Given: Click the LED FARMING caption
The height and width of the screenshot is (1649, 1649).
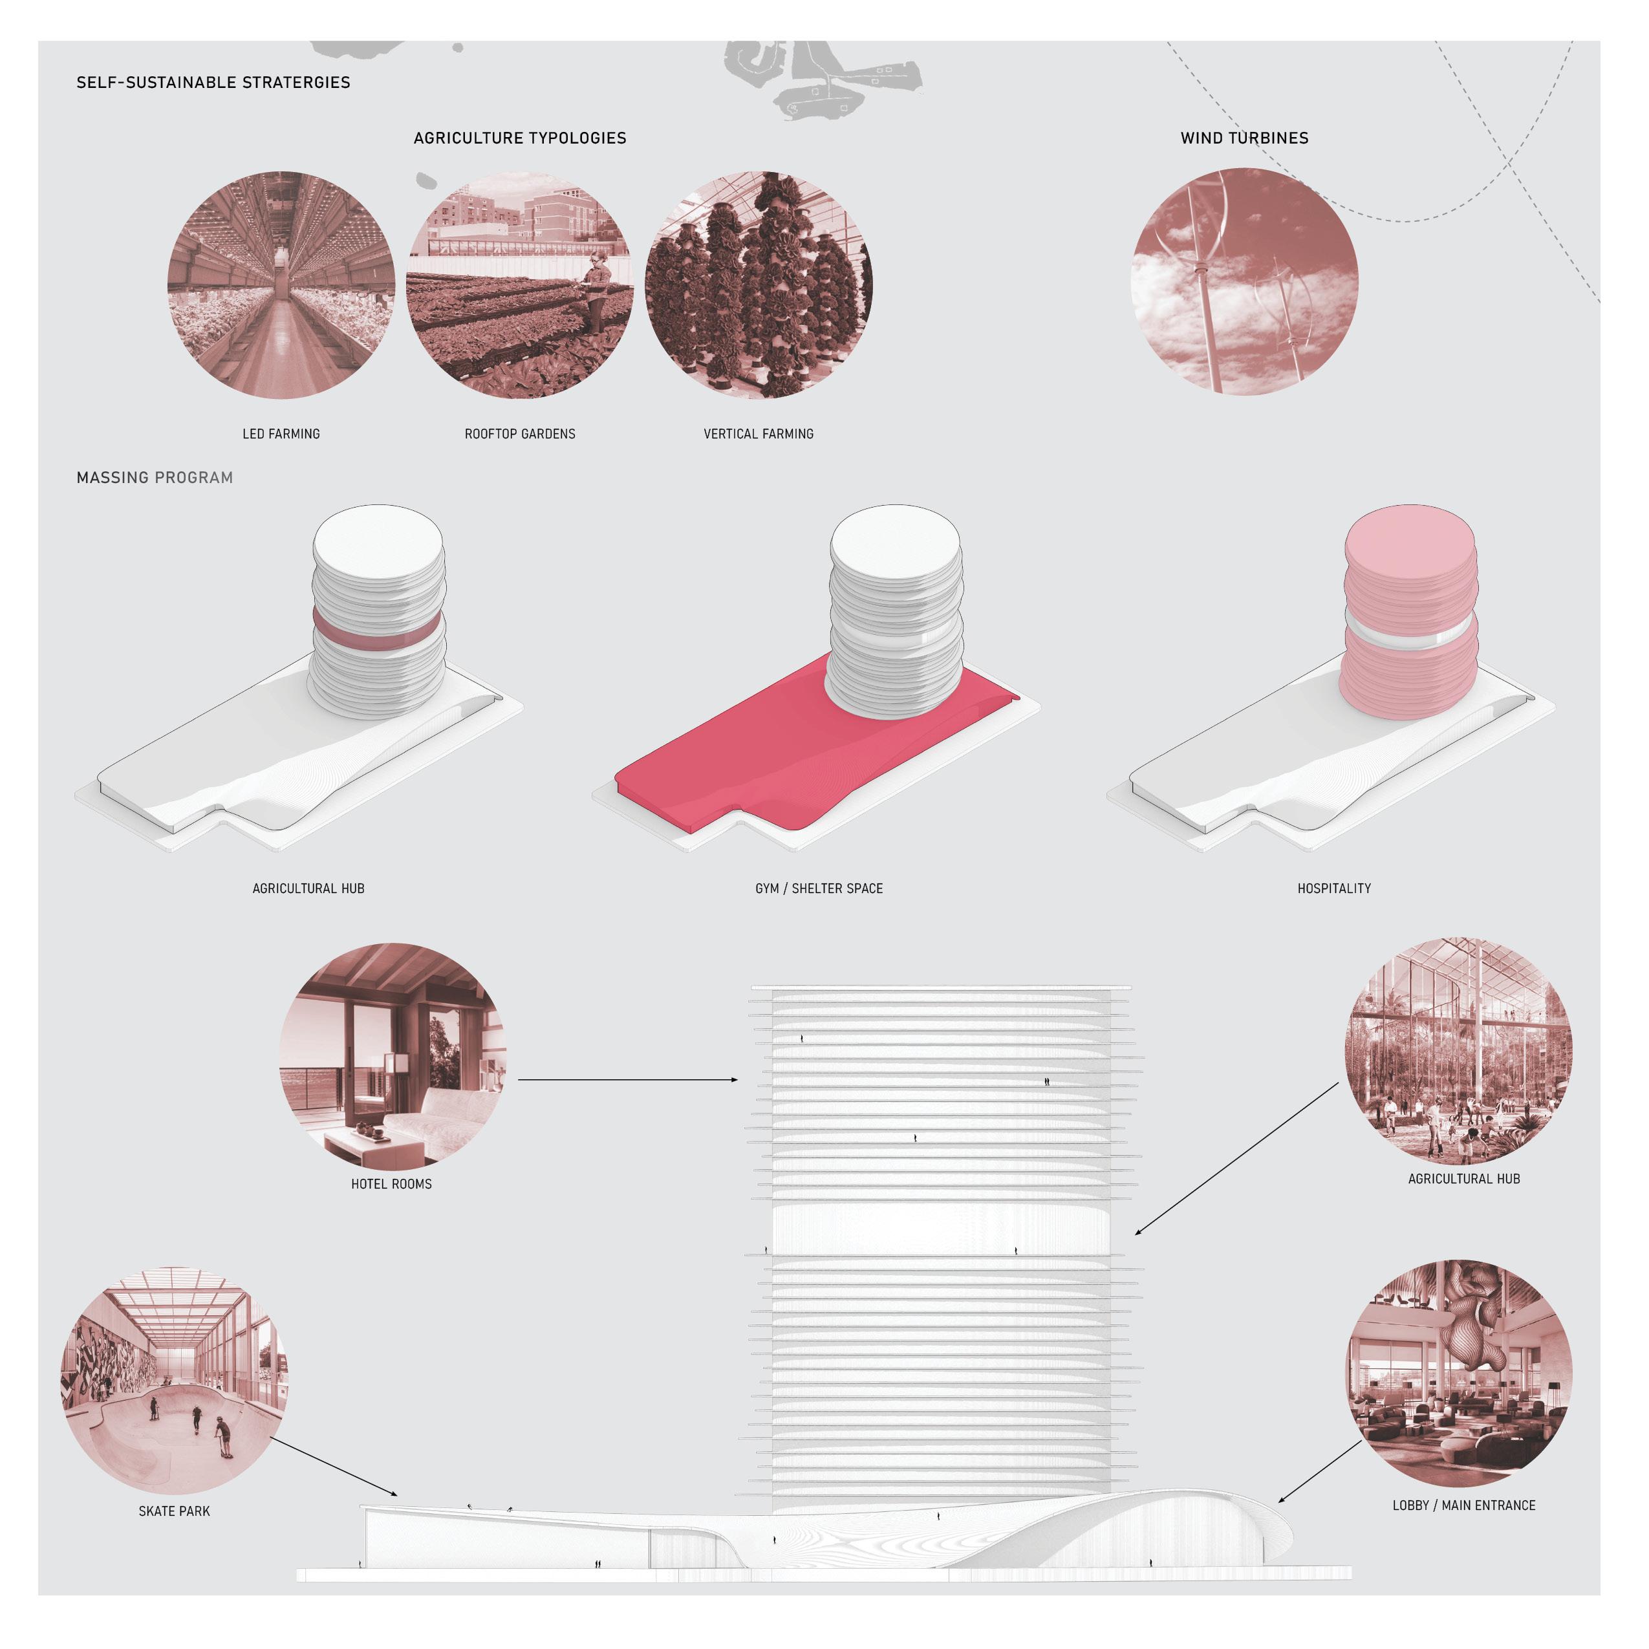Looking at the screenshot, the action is tap(281, 433).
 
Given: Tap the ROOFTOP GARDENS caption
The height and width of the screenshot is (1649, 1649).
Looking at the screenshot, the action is tap(520, 433).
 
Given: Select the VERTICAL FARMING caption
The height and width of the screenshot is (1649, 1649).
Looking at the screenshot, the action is tap(758, 433).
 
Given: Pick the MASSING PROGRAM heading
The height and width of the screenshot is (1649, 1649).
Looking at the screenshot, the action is tap(155, 478).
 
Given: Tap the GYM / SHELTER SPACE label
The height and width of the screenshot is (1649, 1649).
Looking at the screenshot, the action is tap(819, 889).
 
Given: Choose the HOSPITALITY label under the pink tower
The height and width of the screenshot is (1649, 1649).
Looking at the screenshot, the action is tap(1333, 889).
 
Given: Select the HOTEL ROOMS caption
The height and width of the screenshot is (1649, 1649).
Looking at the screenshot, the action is tap(391, 1184).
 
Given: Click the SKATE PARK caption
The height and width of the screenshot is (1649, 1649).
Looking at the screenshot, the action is tap(174, 1511).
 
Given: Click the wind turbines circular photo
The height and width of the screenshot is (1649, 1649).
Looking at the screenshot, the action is tap(1244, 282).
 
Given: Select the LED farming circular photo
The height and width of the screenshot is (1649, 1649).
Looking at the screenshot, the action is tap(281, 285).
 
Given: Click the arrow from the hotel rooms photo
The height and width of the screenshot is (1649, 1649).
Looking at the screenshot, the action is tap(627, 1080).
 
